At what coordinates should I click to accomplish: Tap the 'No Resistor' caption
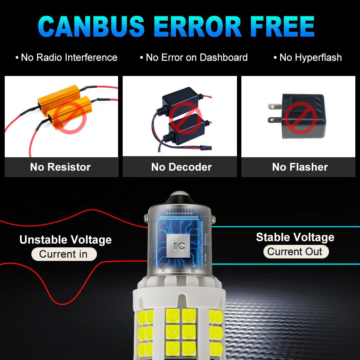(x=60, y=167)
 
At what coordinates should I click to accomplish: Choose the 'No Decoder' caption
(x=181, y=167)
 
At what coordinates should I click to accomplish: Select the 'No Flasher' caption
(x=300, y=167)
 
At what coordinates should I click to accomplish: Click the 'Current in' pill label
(x=64, y=254)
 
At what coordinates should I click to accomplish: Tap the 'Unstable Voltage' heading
(x=65, y=240)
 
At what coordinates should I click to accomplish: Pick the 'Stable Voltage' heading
(x=295, y=237)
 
